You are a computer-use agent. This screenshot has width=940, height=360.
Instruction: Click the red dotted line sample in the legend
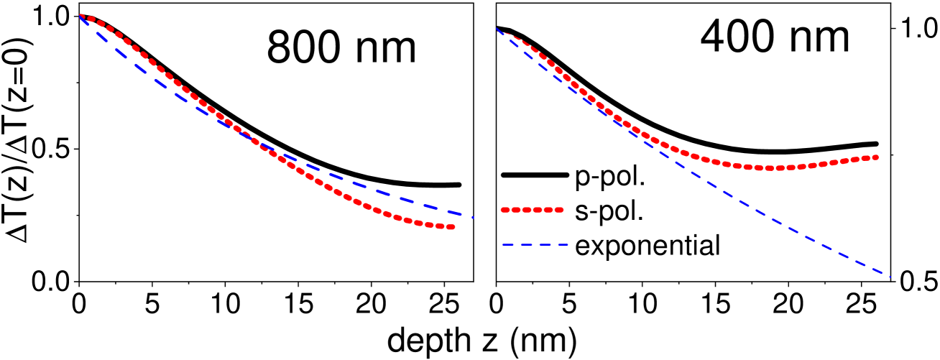tap(532, 210)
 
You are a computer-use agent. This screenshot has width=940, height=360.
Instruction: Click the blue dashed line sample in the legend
tap(535, 244)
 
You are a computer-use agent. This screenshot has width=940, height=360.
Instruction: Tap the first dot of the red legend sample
tap(504, 210)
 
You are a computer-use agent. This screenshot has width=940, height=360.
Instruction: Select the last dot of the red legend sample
tap(560, 210)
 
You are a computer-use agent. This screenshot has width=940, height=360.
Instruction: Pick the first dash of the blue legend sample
tap(508, 244)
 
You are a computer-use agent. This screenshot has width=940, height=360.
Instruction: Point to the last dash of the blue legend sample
tap(561, 244)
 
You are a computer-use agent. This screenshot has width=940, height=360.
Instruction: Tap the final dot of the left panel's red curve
tap(452, 227)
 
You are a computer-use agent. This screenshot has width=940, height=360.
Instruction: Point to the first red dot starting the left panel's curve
tap(81, 16)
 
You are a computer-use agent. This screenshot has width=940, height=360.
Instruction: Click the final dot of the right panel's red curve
tap(876, 157)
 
